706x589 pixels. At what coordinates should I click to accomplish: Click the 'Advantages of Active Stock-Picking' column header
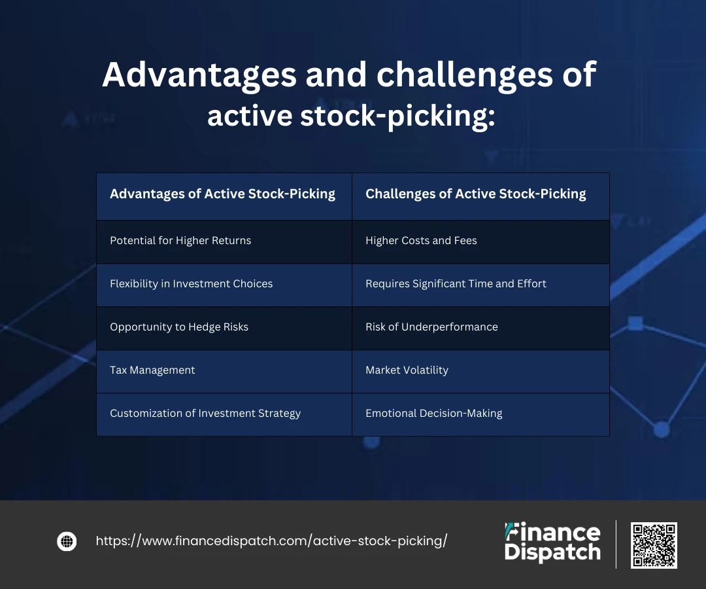click(x=224, y=196)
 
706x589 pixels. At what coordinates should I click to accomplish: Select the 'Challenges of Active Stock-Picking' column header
click(x=480, y=196)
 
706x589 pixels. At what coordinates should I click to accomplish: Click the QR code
click(x=654, y=545)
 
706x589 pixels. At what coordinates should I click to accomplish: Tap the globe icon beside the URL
click(x=67, y=541)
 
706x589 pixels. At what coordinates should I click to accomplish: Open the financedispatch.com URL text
click(x=271, y=541)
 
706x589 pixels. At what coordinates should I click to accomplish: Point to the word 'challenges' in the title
click(x=464, y=75)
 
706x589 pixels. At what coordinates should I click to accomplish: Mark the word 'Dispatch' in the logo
click(x=552, y=552)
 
